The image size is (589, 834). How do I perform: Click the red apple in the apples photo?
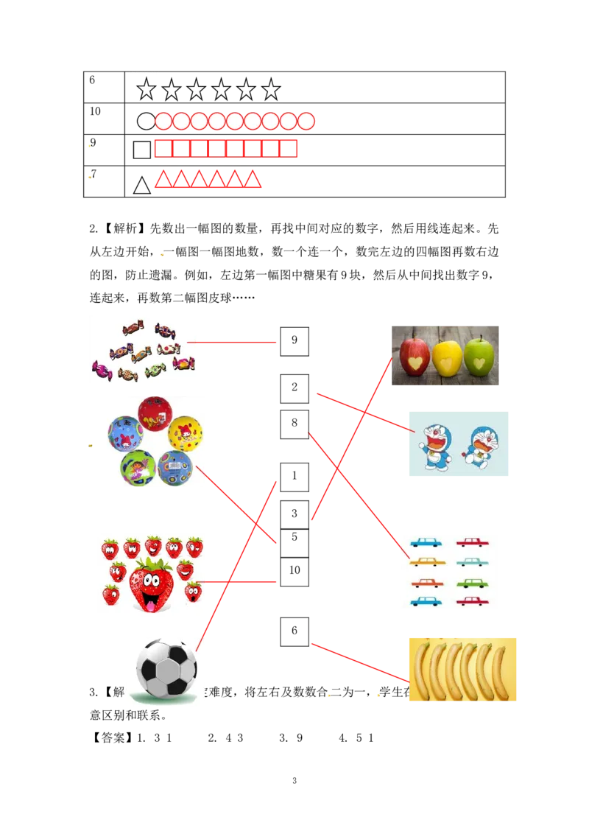pyautogui.click(x=415, y=357)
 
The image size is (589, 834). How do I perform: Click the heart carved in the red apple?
pyautogui.click(x=417, y=363)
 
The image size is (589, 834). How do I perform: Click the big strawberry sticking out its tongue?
pyautogui.click(x=152, y=584)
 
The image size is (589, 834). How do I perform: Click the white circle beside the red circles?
pyautogui.click(x=146, y=122)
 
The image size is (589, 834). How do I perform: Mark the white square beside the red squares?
pyautogui.click(x=142, y=150)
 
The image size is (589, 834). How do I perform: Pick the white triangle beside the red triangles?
pyautogui.click(x=142, y=186)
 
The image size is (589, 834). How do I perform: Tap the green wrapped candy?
pyautogui.click(x=155, y=370)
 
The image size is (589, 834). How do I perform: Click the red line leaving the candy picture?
pyautogui.click(x=236, y=342)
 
